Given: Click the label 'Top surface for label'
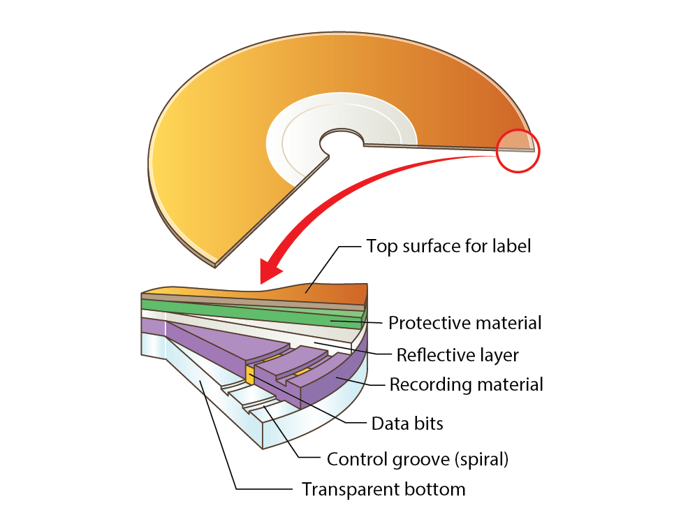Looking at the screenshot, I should click(448, 246).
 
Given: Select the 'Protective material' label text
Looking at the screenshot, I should click(464, 323).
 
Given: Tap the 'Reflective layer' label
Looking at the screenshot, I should click(457, 354).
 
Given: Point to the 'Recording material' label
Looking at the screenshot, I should click(466, 384).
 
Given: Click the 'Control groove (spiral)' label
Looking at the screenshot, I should click(418, 459).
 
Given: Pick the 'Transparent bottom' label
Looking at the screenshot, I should click(383, 489).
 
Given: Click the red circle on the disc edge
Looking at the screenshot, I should click(518, 150).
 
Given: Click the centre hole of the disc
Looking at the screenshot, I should click(341, 143).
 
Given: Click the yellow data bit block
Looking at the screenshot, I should click(249, 373).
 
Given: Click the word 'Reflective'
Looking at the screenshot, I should click(427, 354).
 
